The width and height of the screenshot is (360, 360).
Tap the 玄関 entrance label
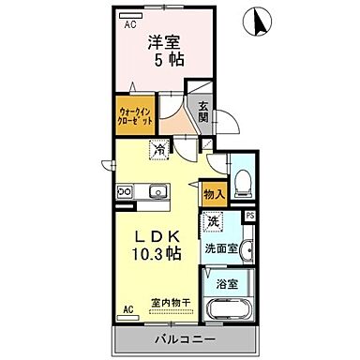203,112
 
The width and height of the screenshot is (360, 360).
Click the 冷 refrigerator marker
160,149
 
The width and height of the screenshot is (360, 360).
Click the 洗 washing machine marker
214,223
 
